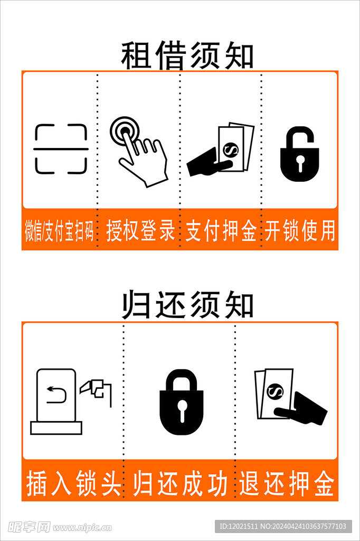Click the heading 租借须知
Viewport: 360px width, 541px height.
187,56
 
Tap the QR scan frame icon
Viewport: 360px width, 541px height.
61,149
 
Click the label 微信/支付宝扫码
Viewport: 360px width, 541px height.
59,231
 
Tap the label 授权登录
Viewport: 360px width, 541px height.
140,231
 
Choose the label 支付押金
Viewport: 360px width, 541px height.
221,231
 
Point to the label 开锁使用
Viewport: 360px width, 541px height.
300,231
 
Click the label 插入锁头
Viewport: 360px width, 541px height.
73,483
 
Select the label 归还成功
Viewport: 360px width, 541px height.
180,483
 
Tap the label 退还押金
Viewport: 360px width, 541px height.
287,483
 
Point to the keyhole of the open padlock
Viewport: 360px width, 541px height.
300,163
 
